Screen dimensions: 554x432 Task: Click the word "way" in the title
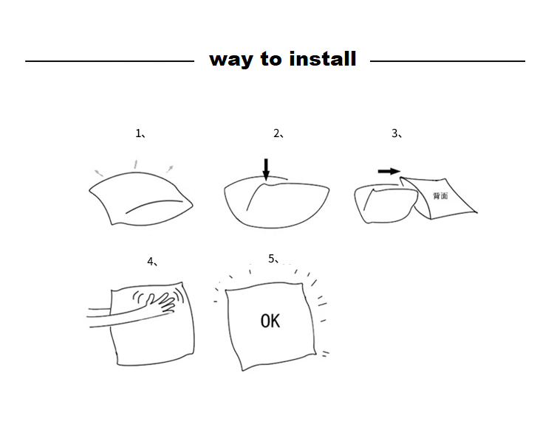click(230, 60)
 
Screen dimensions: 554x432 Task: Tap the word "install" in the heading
click(323, 58)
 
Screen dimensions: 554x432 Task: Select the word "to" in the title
click(271, 59)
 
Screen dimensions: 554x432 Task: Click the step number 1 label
click(141, 133)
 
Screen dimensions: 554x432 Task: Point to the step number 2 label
click(278, 133)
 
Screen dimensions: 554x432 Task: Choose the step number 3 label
click(397, 133)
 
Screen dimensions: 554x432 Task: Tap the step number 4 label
click(153, 262)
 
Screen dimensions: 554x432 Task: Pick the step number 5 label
click(274, 259)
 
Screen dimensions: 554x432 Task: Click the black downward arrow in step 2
click(266, 170)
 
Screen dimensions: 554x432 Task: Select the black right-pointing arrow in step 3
click(389, 171)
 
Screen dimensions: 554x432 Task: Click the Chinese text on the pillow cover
click(440, 195)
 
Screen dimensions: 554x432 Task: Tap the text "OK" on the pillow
click(270, 321)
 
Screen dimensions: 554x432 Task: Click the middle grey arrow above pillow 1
click(135, 164)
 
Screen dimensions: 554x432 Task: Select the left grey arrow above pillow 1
click(98, 173)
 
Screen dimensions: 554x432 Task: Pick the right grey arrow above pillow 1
click(170, 169)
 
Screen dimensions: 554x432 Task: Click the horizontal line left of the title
click(109, 61)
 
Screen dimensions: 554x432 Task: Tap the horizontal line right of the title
click(448, 61)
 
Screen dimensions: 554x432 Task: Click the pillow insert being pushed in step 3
click(386, 203)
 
